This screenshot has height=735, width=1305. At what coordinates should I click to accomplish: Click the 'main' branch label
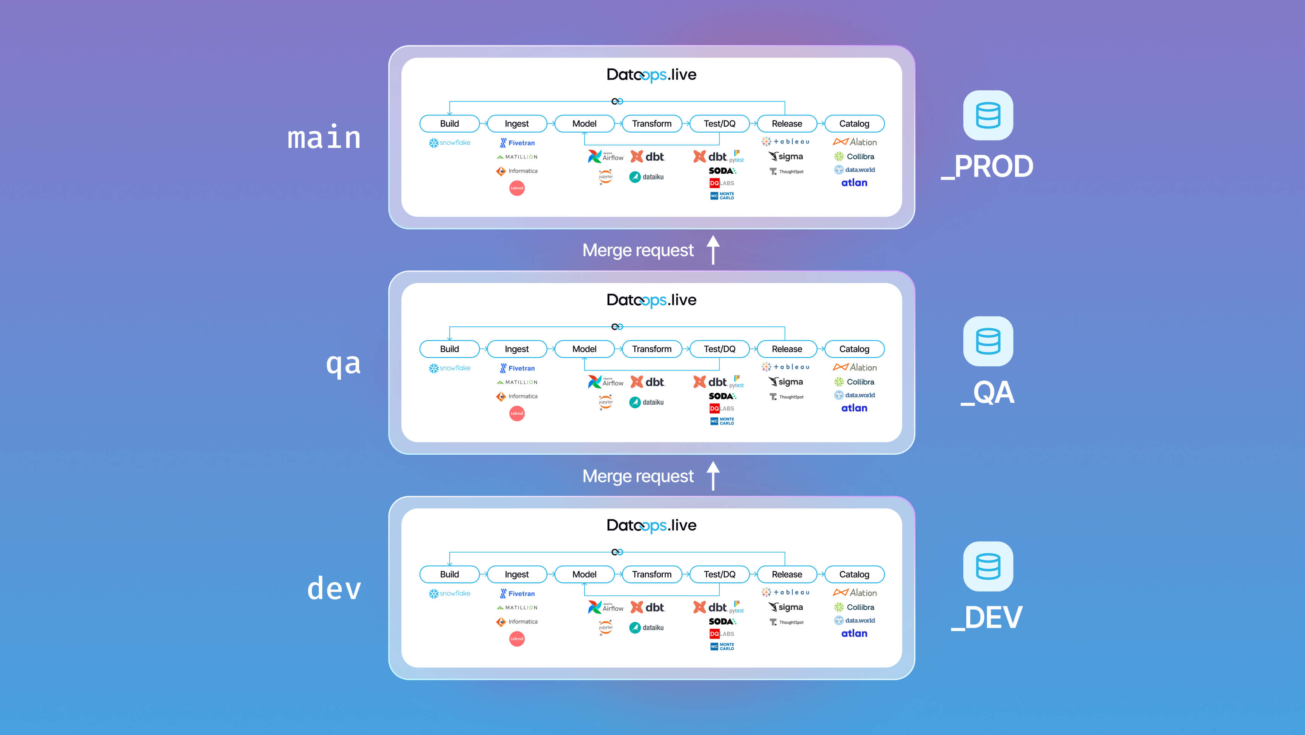(x=324, y=138)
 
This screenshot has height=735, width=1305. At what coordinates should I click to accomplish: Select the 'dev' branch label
(x=334, y=589)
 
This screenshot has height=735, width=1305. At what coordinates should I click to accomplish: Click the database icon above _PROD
(x=988, y=115)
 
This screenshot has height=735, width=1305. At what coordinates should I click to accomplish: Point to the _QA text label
(x=987, y=392)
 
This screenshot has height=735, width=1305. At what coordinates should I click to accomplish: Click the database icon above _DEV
(x=988, y=566)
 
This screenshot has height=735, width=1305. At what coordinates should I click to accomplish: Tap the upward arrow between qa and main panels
(x=713, y=250)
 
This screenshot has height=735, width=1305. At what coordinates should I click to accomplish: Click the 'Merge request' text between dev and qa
(x=637, y=476)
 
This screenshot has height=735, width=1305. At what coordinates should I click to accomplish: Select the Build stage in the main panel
(x=449, y=124)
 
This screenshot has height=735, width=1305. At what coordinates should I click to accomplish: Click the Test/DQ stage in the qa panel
(x=719, y=349)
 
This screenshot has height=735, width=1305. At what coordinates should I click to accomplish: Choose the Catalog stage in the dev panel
(x=854, y=574)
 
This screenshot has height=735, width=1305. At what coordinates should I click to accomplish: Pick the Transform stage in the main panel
(x=651, y=124)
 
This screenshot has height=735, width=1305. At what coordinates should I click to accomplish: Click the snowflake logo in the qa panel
(x=449, y=368)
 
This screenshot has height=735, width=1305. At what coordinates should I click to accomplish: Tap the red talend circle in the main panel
(x=517, y=188)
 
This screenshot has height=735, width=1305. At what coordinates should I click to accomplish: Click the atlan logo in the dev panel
(x=854, y=633)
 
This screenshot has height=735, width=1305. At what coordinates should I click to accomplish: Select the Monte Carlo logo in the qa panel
(x=722, y=421)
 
